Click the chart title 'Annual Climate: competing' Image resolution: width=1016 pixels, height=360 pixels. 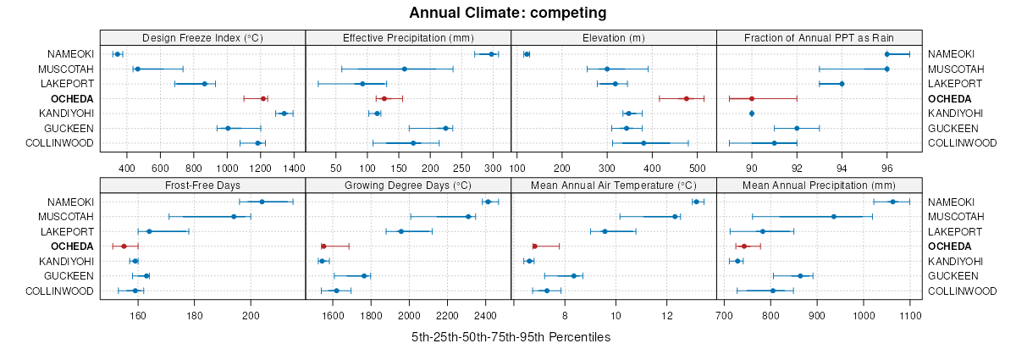pos(507,13)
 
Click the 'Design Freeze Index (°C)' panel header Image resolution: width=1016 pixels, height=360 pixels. pos(202,37)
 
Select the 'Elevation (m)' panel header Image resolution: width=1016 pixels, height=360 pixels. pos(614,37)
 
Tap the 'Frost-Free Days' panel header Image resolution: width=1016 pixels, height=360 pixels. pos(202,185)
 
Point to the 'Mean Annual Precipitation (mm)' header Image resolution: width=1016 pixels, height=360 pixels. pos(819,185)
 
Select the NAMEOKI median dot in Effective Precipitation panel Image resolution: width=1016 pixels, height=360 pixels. pos(491,54)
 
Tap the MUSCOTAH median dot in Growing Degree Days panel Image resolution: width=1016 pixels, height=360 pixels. pos(468,217)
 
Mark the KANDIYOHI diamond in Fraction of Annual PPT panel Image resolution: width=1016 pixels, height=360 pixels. pos(752,114)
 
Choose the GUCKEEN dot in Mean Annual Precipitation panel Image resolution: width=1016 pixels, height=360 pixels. pos(800,276)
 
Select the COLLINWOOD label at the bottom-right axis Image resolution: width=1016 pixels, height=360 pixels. pos(963,291)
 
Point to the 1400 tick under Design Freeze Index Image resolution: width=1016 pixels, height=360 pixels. pos(293,168)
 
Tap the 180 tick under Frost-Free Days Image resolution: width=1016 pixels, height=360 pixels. pos(195,315)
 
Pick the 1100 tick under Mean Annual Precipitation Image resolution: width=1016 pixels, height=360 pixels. pos(910,315)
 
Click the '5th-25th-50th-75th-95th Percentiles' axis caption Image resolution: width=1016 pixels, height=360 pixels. pos(511,337)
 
